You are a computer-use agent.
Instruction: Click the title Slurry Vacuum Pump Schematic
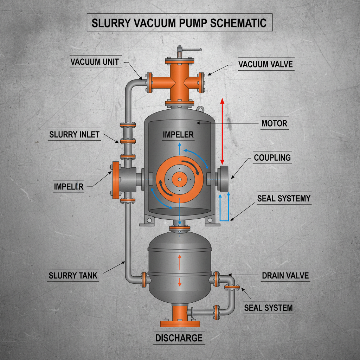[x=179, y=23]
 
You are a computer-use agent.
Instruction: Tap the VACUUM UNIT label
[x=95, y=62]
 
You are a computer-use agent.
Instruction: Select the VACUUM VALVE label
[x=265, y=64]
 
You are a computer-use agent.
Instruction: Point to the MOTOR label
[x=274, y=123]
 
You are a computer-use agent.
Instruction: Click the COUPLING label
[x=272, y=157]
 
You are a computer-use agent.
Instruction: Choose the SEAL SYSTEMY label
[x=284, y=198]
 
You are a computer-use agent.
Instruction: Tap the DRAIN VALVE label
[x=285, y=275]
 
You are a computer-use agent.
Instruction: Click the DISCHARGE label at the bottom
[x=179, y=338]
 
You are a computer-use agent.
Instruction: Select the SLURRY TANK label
[x=73, y=275]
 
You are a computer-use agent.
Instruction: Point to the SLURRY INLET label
[x=74, y=134]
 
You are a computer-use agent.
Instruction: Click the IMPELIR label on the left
[x=69, y=186]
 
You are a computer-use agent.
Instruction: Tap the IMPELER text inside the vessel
[x=178, y=134]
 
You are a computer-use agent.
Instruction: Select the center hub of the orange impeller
[x=179, y=179]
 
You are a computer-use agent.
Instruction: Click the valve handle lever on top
[x=192, y=50]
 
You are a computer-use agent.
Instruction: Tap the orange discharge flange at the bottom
[x=180, y=323]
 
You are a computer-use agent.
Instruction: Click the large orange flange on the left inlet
[x=115, y=180]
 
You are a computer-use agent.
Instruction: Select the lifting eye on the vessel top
[x=200, y=109]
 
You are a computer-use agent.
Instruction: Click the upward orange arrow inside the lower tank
[x=180, y=262]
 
